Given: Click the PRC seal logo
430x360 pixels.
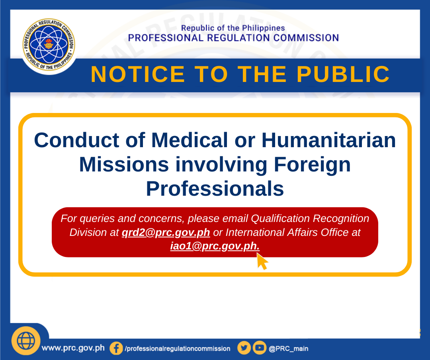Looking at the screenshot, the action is [x=49, y=45].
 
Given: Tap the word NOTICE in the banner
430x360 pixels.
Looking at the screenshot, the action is [x=138, y=74].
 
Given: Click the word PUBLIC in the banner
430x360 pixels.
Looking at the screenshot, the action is [x=343, y=74].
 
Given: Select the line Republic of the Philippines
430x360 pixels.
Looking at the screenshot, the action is [x=233, y=28].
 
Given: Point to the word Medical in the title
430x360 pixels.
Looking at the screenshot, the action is [x=190, y=140].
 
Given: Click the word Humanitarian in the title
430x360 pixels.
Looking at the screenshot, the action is [x=328, y=140].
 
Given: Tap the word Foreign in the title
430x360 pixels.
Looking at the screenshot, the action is [x=313, y=165].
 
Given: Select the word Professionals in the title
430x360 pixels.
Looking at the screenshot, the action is [x=215, y=189].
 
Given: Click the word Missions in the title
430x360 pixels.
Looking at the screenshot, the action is [x=124, y=165].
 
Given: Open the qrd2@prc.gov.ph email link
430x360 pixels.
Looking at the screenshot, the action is [x=166, y=232].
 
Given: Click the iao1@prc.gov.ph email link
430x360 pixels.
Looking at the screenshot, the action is [x=215, y=246].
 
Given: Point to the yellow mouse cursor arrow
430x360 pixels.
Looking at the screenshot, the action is [x=262, y=261].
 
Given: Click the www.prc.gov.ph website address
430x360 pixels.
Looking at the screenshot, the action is [x=73, y=348].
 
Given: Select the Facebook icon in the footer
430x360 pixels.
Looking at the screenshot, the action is [x=116, y=348].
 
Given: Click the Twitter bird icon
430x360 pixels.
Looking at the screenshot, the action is [x=244, y=348].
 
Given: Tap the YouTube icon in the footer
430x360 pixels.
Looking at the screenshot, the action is [x=260, y=348].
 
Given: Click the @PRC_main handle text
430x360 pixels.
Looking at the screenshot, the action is [x=289, y=349].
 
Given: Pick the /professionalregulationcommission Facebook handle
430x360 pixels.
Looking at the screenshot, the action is [x=178, y=349].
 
